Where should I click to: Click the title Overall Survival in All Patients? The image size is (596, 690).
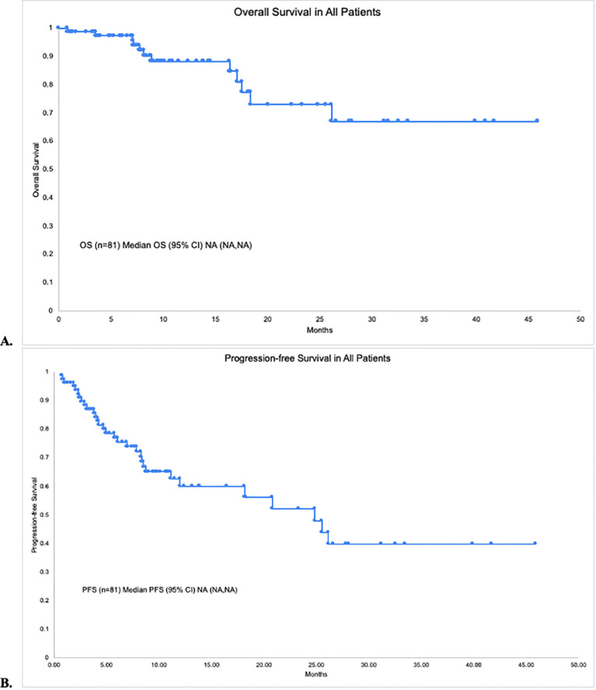(x=307, y=12)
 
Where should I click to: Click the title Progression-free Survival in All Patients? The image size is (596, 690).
(x=307, y=358)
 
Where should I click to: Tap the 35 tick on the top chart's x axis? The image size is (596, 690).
(x=423, y=319)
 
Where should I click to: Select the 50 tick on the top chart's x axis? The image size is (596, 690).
(x=580, y=319)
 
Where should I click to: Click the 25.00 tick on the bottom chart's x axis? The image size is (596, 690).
(x=316, y=665)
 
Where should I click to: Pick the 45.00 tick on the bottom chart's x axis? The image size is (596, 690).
(x=525, y=665)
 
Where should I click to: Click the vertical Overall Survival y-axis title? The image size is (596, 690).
(x=36, y=170)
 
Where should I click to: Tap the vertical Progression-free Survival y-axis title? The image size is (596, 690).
(x=34, y=515)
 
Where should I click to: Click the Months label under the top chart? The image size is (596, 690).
(x=319, y=330)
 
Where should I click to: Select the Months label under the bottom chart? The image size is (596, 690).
(x=316, y=674)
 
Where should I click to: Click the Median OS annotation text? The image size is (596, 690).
(x=166, y=245)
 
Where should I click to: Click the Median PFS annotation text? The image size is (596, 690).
(x=159, y=590)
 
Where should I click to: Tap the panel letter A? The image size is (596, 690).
(x=6, y=341)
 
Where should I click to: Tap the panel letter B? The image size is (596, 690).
(x=6, y=684)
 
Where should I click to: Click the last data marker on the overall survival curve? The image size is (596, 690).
(x=537, y=120)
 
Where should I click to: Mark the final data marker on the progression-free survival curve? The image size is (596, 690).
(x=535, y=543)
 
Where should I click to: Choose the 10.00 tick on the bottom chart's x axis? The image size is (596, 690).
(x=159, y=665)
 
